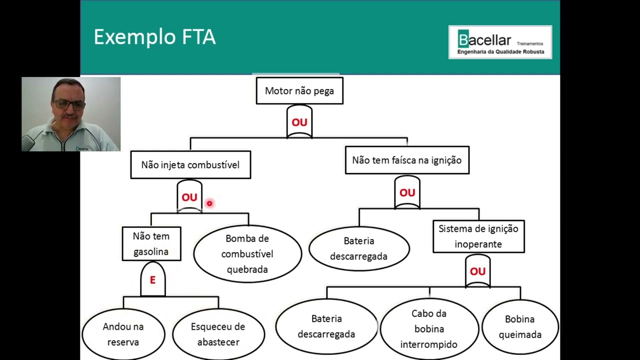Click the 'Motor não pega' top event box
[x=299, y=91]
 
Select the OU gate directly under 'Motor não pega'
[x=299, y=122]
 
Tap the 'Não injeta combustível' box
[x=190, y=165]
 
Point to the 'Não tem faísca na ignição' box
[x=407, y=160]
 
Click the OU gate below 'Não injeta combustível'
[x=189, y=197]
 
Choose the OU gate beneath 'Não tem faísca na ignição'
[x=407, y=192]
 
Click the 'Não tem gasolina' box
[x=151, y=243]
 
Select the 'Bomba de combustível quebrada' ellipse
[x=247, y=254]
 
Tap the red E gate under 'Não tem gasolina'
[x=152, y=280]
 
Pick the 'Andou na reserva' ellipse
[x=123, y=334]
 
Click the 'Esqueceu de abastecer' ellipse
[x=218, y=334]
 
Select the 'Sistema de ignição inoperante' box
[x=478, y=236]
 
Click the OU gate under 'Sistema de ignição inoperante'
[x=477, y=271]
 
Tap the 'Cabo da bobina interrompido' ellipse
[x=429, y=329]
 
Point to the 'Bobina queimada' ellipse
[x=520, y=326]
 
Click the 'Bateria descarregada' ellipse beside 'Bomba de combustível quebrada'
[x=359, y=248]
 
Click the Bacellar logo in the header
[x=500, y=42]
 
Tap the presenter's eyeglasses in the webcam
[x=69, y=104]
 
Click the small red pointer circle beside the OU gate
[x=209, y=203]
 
